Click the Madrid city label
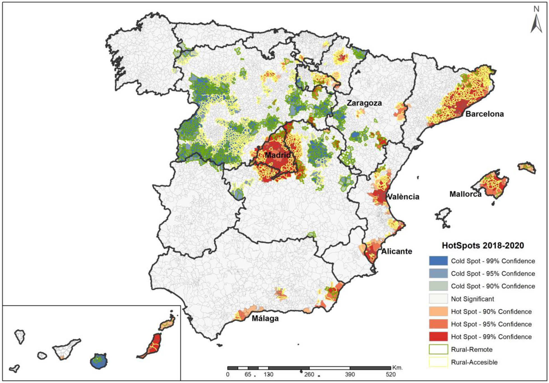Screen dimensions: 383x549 pyautogui.click(x=278, y=155)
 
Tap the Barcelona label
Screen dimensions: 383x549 pyautogui.click(x=485, y=114)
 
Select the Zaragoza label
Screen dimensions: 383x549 pyautogui.click(x=364, y=103)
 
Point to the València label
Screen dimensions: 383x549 pyautogui.click(x=403, y=197)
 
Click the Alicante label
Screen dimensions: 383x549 pyautogui.click(x=397, y=251)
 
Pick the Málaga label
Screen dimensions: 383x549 pyautogui.click(x=265, y=318)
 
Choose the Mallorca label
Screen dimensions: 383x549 pyautogui.click(x=465, y=194)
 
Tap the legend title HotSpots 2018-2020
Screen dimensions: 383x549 pyautogui.click(x=483, y=246)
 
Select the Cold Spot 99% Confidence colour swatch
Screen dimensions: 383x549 pyautogui.click(x=438, y=261)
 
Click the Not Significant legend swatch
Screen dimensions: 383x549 pyautogui.click(x=438, y=299)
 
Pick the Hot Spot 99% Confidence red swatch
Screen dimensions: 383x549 pyautogui.click(x=438, y=337)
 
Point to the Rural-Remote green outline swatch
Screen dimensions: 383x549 pyautogui.click(x=438, y=349)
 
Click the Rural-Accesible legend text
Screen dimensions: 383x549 pyautogui.click(x=474, y=362)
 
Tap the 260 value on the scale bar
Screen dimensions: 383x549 pyautogui.click(x=309, y=375)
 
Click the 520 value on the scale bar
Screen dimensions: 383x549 pyautogui.click(x=391, y=375)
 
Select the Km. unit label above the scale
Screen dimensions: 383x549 pyautogui.click(x=397, y=368)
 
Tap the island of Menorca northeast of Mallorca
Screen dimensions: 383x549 pyautogui.click(x=527, y=167)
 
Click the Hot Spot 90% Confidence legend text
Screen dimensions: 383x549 pyautogui.click(x=491, y=312)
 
